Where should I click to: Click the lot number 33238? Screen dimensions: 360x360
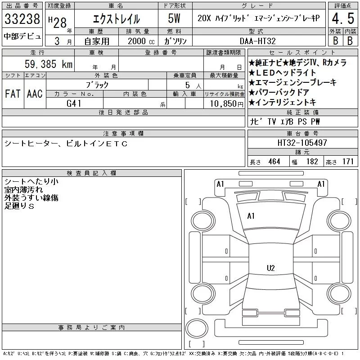22,18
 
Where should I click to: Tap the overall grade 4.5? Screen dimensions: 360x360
343,18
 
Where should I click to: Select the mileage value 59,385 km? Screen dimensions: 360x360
49,64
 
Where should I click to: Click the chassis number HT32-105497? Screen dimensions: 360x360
302,143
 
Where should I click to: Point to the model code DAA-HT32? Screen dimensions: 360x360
257,41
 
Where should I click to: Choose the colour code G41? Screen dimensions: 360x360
74,103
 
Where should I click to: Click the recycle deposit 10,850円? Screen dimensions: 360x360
227,104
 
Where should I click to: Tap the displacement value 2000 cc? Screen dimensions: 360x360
141,41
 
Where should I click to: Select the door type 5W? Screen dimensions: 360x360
174,18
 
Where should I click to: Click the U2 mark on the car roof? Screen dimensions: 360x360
271,268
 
